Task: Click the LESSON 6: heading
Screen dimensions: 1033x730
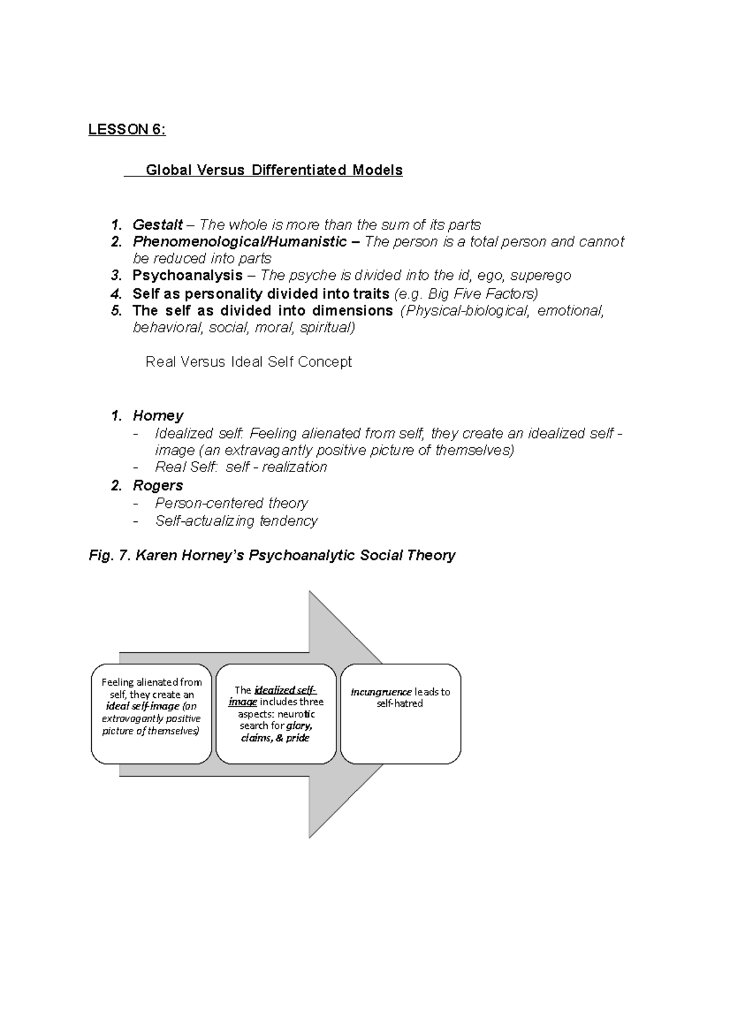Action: click(x=127, y=130)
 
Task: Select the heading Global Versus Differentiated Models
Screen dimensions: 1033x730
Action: click(x=274, y=170)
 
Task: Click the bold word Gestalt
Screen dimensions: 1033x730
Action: click(x=158, y=225)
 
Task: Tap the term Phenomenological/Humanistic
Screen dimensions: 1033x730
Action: click(x=240, y=242)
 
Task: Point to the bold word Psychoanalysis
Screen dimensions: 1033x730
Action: click(x=187, y=276)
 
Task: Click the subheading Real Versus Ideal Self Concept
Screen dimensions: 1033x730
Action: click(x=248, y=362)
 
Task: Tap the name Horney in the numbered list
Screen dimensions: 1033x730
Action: click(x=158, y=416)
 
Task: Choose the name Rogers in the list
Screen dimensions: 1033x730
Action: click(x=158, y=485)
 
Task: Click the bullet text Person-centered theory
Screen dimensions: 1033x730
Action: click(x=231, y=503)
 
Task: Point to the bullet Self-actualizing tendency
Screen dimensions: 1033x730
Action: click(x=236, y=521)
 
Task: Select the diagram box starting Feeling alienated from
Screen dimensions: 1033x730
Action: click(x=151, y=714)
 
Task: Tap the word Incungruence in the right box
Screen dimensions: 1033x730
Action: click(x=381, y=692)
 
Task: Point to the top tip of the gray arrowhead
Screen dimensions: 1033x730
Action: click(x=310, y=592)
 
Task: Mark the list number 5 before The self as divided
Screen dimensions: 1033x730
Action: click(x=116, y=311)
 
